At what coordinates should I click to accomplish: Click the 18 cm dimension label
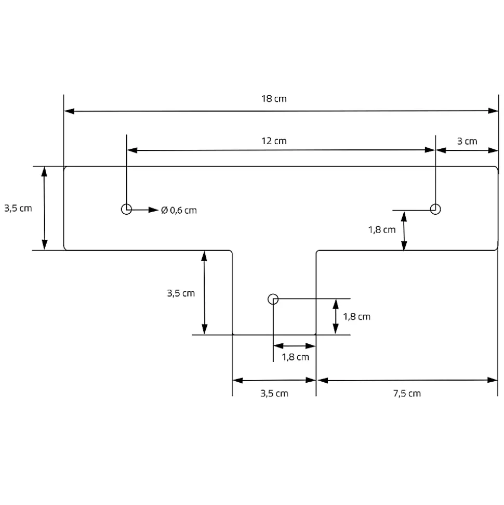[273, 99]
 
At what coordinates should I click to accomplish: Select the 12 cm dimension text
[273, 141]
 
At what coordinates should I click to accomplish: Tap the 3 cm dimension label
[467, 141]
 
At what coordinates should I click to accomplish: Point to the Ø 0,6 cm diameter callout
[179, 210]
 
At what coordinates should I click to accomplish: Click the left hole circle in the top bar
[126, 209]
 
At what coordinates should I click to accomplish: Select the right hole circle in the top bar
[435, 209]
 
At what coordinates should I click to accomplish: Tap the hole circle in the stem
[273, 299]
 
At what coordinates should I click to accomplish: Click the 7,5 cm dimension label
[407, 393]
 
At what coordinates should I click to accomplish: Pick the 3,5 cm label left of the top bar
[18, 209]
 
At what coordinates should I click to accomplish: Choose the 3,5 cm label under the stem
[274, 393]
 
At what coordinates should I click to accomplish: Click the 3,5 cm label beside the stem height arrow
[181, 293]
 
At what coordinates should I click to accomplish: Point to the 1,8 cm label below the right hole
[382, 229]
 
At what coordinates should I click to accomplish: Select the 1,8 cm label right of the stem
[356, 316]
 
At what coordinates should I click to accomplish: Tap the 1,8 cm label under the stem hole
[295, 357]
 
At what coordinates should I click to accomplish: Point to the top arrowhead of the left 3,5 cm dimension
[45, 171]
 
